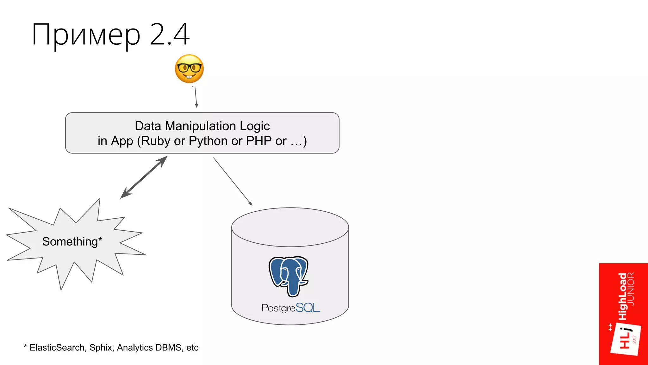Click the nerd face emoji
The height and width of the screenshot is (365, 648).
tap(189, 69)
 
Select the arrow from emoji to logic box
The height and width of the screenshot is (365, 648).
tap(196, 98)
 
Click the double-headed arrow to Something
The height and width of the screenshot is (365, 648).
tap(144, 177)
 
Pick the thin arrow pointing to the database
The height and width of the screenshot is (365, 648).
tap(233, 181)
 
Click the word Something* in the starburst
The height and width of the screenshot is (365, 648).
tap(72, 241)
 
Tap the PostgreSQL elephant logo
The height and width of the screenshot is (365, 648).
tap(288, 276)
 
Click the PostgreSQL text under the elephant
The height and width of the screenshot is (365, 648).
tap(290, 308)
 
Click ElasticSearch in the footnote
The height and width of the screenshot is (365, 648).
tap(57, 348)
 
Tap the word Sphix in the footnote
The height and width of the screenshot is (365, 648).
tap(101, 348)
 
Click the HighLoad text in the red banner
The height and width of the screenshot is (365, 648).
tap(622, 296)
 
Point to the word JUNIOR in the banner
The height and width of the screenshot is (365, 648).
tap(631, 289)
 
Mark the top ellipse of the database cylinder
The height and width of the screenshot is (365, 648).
tap(290, 227)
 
